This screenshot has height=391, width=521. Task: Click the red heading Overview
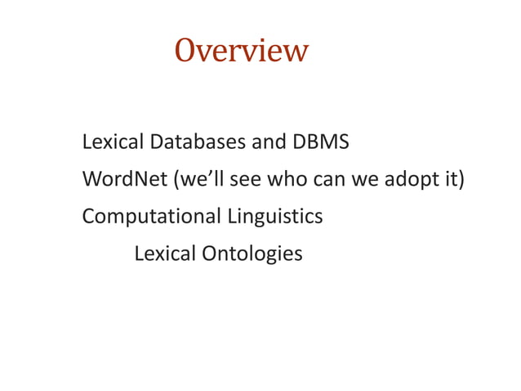[241, 51]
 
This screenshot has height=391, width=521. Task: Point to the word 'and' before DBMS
[269, 142]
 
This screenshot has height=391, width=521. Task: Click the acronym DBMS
[320, 142]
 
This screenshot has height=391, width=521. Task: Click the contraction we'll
[198, 179]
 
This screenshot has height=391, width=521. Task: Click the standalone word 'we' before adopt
[363, 180]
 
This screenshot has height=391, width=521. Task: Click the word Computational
[151, 217]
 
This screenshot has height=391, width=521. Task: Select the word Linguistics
[274, 217]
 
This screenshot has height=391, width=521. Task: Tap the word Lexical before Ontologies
[163, 254]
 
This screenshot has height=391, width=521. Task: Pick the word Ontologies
[252, 254]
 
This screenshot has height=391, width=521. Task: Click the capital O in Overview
[185, 51]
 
